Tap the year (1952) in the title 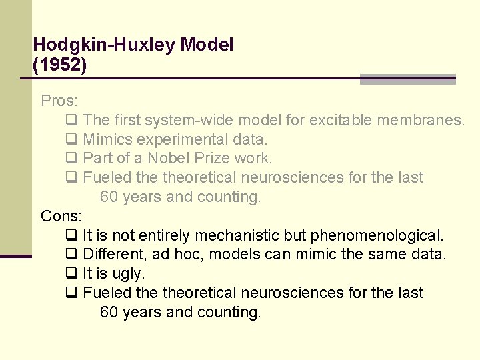coord(59,65)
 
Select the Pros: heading coord(59,101)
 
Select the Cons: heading coord(61,216)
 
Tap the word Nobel coord(169,159)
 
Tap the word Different coord(114,255)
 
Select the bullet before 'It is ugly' coord(72,274)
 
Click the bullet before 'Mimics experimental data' coord(72,140)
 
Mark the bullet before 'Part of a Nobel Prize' coord(72,159)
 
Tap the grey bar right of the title coord(407,79)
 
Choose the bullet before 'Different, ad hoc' coord(72,255)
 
